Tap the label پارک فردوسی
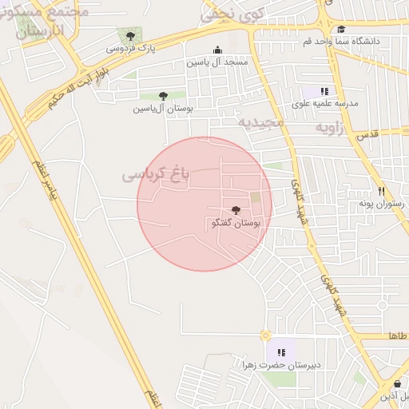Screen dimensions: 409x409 130,49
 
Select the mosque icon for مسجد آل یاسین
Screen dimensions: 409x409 217,50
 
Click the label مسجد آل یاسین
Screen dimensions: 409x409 217,62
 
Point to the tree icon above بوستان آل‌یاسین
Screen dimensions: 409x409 163,96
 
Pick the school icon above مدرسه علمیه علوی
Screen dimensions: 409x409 325,91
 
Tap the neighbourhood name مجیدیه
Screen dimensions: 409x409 260,122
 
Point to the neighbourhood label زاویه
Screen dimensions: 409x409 329,127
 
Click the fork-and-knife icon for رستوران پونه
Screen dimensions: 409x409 382,191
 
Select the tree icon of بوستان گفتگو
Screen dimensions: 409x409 234,210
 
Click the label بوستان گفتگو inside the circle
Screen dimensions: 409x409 226,224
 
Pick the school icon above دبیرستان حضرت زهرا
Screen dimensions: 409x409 280,351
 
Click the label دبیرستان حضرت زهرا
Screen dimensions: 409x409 281,365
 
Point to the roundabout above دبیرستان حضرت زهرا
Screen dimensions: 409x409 265,336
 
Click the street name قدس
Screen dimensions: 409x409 368,136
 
